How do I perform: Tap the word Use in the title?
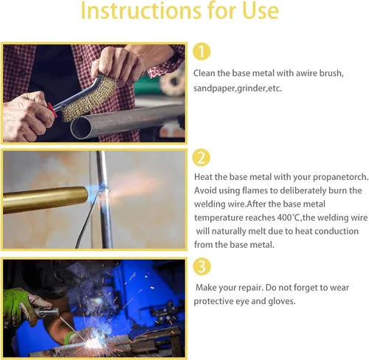click(x=261, y=10)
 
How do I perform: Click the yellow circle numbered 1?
click(x=201, y=52)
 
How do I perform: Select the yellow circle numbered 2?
click(x=201, y=158)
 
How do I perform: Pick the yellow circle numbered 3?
click(x=201, y=266)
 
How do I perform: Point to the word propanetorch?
click(x=340, y=177)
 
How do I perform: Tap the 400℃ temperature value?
click(x=288, y=218)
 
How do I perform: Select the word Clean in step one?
click(x=204, y=73)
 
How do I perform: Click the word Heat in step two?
click(x=203, y=177)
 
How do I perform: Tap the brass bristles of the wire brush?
click(x=89, y=99)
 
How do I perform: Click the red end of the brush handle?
click(x=52, y=110)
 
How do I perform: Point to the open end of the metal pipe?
click(x=81, y=128)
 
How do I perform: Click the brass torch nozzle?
click(x=46, y=200)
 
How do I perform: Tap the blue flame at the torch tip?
click(x=94, y=193)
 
